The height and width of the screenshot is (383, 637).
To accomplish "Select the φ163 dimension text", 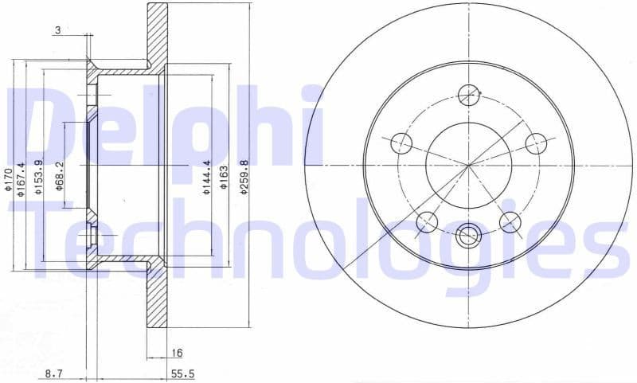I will (225, 177).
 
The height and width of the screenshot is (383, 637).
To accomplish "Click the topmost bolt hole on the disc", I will (470, 95).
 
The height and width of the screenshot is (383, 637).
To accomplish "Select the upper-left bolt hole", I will (403, 144).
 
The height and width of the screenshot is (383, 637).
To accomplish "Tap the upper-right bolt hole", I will (537, 144).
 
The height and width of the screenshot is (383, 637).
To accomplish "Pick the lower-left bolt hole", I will (428, 221).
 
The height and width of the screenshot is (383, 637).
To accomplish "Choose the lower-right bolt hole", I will (510, 221).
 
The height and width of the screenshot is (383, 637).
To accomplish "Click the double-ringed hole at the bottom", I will (469, 235).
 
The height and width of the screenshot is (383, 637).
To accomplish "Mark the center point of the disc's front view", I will (470, 165).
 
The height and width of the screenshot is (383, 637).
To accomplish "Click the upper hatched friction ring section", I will (158, 32).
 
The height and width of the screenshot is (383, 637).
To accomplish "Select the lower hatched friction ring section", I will (158, 299).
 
